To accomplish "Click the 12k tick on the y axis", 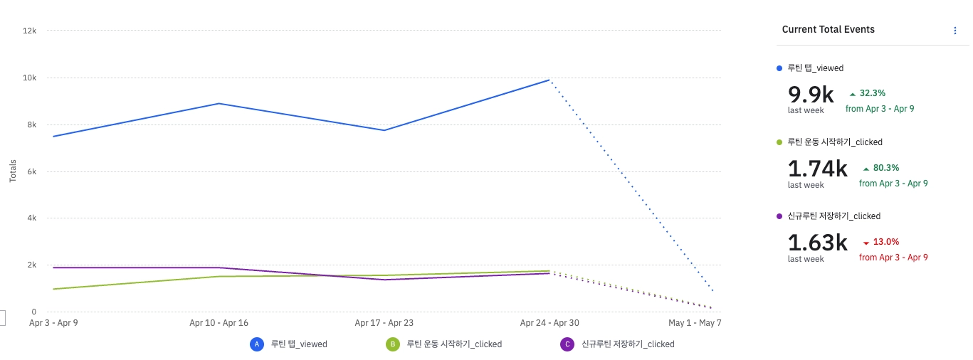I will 30,31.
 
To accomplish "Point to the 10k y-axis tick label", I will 30,78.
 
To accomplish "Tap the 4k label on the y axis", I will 32,218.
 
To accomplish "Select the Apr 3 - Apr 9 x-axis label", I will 53,323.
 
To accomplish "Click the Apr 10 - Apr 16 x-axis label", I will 219,323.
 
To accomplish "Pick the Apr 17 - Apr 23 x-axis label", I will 384,323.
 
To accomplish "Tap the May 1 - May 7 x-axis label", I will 695,323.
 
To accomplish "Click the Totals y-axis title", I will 13,171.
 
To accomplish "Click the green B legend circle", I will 392,344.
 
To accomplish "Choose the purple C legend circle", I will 567,344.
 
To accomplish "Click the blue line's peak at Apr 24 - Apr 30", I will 549,80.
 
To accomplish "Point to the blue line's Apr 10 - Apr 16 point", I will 219,103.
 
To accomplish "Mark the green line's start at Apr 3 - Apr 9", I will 53,289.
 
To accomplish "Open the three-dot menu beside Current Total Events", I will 955,31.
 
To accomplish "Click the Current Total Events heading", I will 828,30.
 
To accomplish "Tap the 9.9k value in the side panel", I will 811,95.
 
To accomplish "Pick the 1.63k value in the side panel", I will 817,243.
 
